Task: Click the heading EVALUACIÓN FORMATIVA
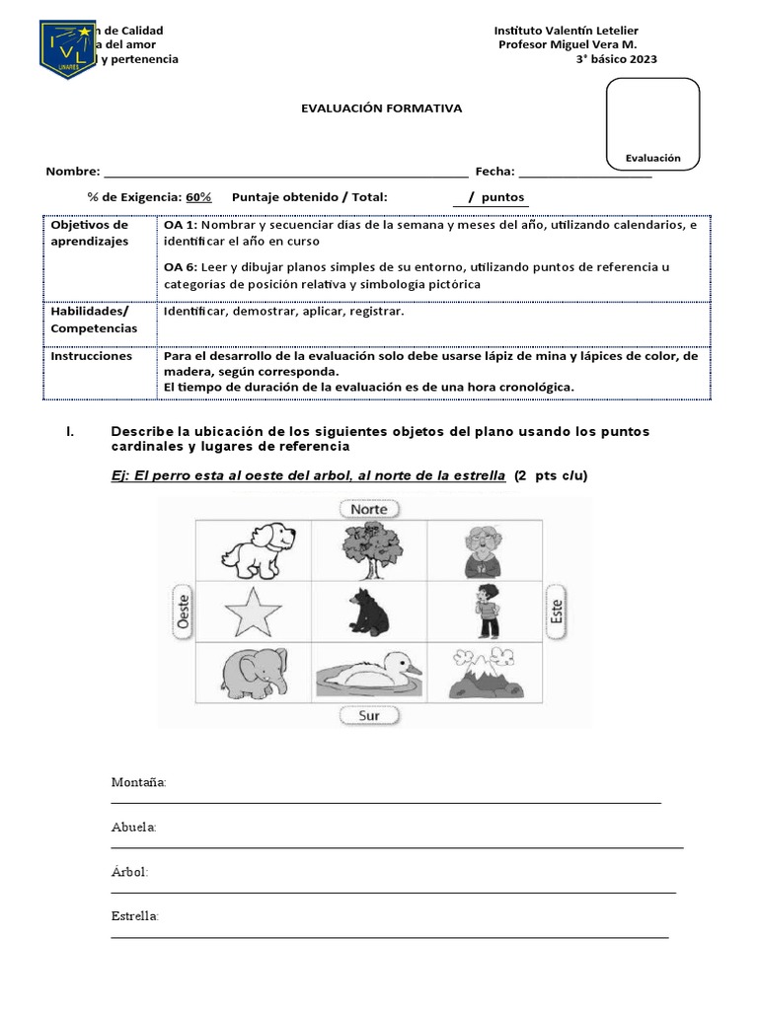tap(381, 108)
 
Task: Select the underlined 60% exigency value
tap(198, 196)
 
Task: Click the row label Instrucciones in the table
tap(92, 356)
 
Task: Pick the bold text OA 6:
tap(181, 267)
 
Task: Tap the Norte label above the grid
tap(369, 509)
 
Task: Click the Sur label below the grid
tap(369, 715)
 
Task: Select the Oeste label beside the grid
tap(182, 612)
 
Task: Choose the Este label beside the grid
tap(558, 612)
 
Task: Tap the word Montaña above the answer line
tap(138, 782)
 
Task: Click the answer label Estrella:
tap(135, 916)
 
